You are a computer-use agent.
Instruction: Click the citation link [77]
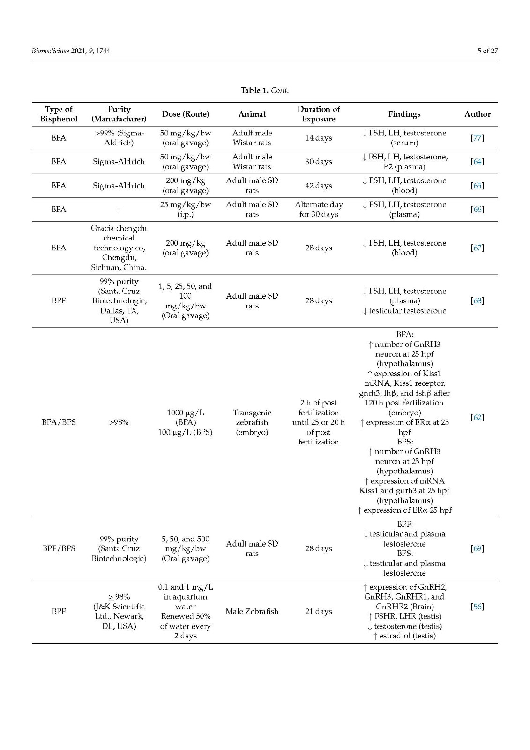point(477,138)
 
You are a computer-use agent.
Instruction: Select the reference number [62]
point(477,417)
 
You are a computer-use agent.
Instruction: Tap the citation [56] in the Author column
point(477,607)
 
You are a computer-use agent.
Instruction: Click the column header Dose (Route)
point(185,114)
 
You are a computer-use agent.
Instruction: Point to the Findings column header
point(404,114)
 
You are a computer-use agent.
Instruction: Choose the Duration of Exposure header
point(319,114)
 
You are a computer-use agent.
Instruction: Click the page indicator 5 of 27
point(487,51)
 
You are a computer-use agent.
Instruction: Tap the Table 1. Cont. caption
point(265,90)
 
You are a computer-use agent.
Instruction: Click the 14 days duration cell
point(319,138)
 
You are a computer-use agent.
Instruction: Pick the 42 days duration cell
point(319,186)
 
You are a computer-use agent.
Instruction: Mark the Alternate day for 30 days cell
point(319,210)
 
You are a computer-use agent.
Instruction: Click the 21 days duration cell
point(319,611)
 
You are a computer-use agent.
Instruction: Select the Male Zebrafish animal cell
point(252,611)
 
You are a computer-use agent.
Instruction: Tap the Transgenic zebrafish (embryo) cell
point(252,422)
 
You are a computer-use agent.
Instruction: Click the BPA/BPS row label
point(59,422)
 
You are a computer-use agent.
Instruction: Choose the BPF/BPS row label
point(59,548)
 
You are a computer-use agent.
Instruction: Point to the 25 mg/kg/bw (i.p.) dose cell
point(185,210)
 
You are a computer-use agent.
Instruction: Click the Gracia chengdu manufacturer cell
point(119,248)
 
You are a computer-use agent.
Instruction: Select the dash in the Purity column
point(119,210)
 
